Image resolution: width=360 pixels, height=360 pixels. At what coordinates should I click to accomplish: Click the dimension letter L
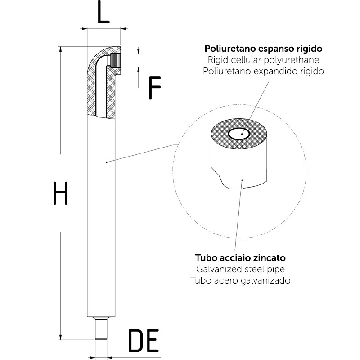point(103,14)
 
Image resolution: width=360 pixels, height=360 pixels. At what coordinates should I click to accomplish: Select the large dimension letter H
point(60,193)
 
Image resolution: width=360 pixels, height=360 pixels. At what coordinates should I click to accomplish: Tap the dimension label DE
point(144,341)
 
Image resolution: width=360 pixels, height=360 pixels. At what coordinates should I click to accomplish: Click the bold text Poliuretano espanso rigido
point(263,49)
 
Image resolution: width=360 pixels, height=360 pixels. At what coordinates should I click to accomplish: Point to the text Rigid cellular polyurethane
point(263,60)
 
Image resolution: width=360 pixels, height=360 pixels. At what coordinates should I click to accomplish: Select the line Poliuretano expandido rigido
point(263,71)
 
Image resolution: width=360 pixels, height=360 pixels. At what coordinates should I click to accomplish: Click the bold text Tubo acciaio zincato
point(240,258)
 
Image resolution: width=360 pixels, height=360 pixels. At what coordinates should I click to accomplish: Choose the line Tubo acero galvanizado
point(240,280)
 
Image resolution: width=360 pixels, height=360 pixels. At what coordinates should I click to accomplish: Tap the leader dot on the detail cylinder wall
point(242,180)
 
